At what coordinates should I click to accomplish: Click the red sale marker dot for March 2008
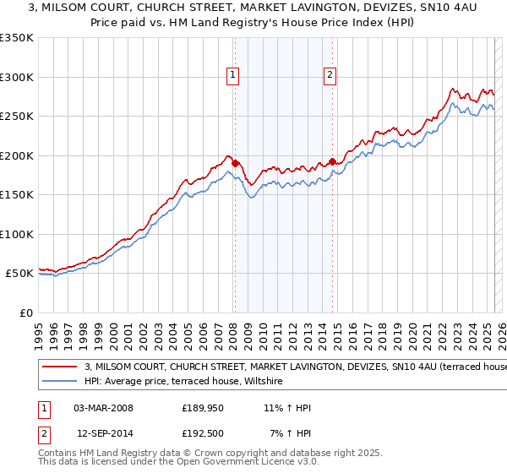pyautogui.click(x=235, y=163)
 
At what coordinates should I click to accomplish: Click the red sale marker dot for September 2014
pyautogui.click(x=332, y=161)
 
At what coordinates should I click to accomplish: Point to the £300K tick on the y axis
pyautogui.click(x=16, y=77)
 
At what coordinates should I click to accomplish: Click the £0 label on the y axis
pyautogui.click(x=25, y=313)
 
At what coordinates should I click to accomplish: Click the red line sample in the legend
pyautogui.click(x=58, y=367)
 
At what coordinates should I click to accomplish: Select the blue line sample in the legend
pyautogui.click(x=58, y=382)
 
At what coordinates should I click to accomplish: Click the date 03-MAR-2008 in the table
pyautogui.click(x=104, y=408)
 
